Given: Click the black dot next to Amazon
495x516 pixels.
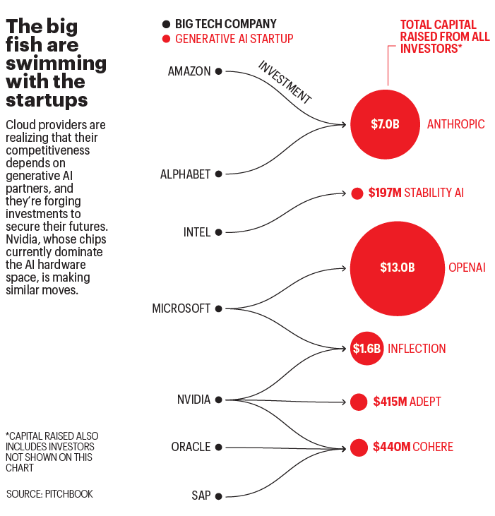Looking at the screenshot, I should (x=219, y=71).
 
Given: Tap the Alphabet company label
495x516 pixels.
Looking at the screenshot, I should (x=185, y=174).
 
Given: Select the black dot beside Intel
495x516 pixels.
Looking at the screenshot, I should (x=219, y=232).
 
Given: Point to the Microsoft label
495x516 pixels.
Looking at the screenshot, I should (x=181, y=308).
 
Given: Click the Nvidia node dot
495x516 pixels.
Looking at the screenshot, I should (x=219, y=400).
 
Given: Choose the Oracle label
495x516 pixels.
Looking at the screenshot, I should (x=191, y=447).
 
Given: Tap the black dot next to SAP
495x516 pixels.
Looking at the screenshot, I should (x=219, y=496).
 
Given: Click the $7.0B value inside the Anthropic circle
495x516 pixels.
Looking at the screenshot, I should (x=385, y=125).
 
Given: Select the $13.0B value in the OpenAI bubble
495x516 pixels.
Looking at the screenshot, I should (x=397, y=268).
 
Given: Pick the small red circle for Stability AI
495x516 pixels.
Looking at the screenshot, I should (x=357, y=193).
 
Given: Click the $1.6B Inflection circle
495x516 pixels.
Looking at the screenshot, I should (x=366, y=349).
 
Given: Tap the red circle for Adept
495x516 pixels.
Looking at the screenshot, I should (x=359, y=402).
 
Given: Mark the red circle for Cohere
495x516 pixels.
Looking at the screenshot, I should (x=359, y=447).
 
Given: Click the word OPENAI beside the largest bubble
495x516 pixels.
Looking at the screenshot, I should (x=467, y=268).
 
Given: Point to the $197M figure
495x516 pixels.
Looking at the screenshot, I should (x=384, y=193).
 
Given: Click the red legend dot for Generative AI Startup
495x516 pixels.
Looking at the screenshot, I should (x=166, y=39).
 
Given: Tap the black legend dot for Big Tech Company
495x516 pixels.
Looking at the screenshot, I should (x=166, y=24).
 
